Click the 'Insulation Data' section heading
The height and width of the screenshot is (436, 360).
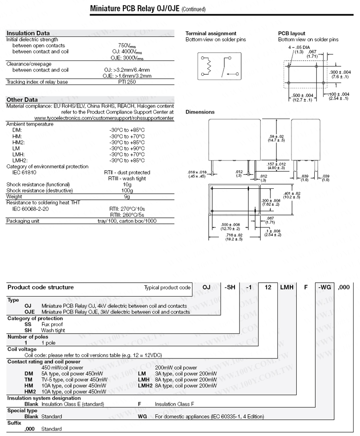(28, 33)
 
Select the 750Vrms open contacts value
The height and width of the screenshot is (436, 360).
(127, 46)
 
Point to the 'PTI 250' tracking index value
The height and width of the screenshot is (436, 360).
(127, 82)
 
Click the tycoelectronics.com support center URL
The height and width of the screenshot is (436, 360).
(104, 118)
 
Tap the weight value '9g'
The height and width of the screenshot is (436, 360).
(127, 197)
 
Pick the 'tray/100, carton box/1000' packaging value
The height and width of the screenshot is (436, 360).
(127, 221)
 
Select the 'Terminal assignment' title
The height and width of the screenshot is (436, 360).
(210, 33)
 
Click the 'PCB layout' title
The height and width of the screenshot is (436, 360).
(292, 33)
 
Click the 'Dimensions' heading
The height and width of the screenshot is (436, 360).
(200, 112)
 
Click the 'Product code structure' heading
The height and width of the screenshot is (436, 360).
(41, 287)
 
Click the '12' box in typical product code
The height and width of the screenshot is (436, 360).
(267, 287)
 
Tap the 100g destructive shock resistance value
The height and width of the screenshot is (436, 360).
(127, 190)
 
